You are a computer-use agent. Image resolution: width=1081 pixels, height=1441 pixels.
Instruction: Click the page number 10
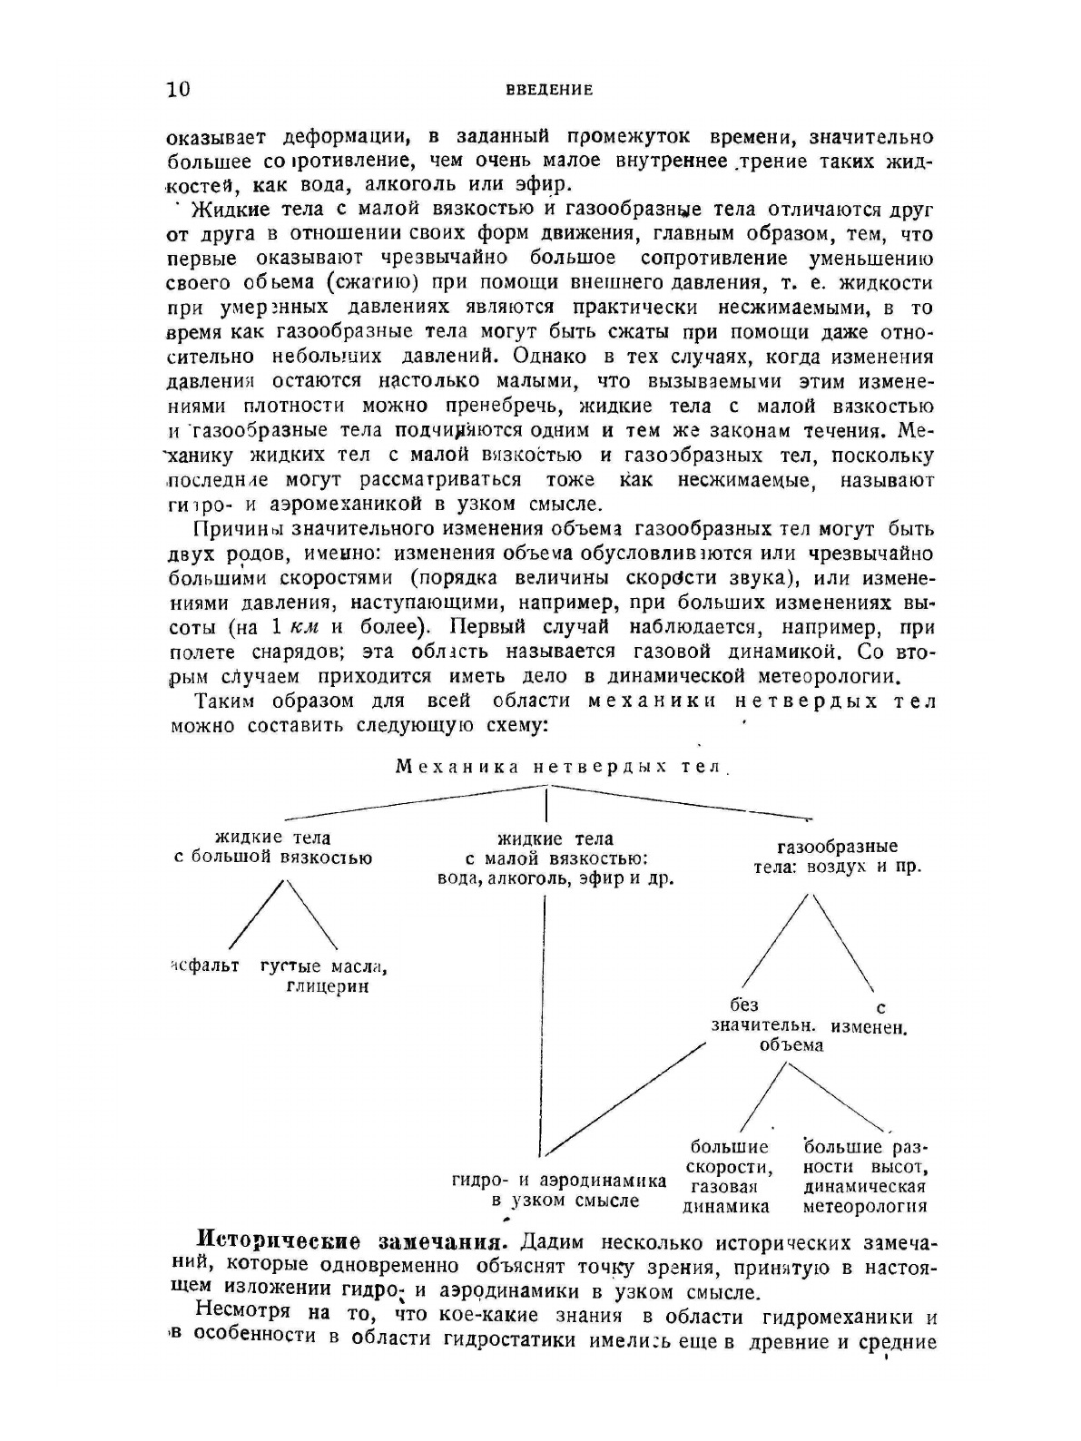coord(179,89)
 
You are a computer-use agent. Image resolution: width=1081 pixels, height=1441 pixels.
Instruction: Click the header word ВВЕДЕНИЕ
coord(550,90)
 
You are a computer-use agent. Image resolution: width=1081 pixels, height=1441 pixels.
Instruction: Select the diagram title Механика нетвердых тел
coord(559,767)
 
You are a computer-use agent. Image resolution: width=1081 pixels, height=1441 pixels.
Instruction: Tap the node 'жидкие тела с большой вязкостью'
coord(272,848)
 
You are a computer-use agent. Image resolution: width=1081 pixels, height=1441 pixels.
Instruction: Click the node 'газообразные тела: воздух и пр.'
coord(837,857)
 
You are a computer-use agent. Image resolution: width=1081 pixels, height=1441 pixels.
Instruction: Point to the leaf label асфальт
coord(205,966)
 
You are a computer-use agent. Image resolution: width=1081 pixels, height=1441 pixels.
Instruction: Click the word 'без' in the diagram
coord(745,1005)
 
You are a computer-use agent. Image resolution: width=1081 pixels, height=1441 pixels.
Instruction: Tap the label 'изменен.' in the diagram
coord(875,1028)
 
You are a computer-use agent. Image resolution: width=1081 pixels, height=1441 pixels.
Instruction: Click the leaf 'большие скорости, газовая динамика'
coord(728,1177)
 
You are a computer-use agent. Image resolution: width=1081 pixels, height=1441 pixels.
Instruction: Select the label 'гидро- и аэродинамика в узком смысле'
coord(559,1191)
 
